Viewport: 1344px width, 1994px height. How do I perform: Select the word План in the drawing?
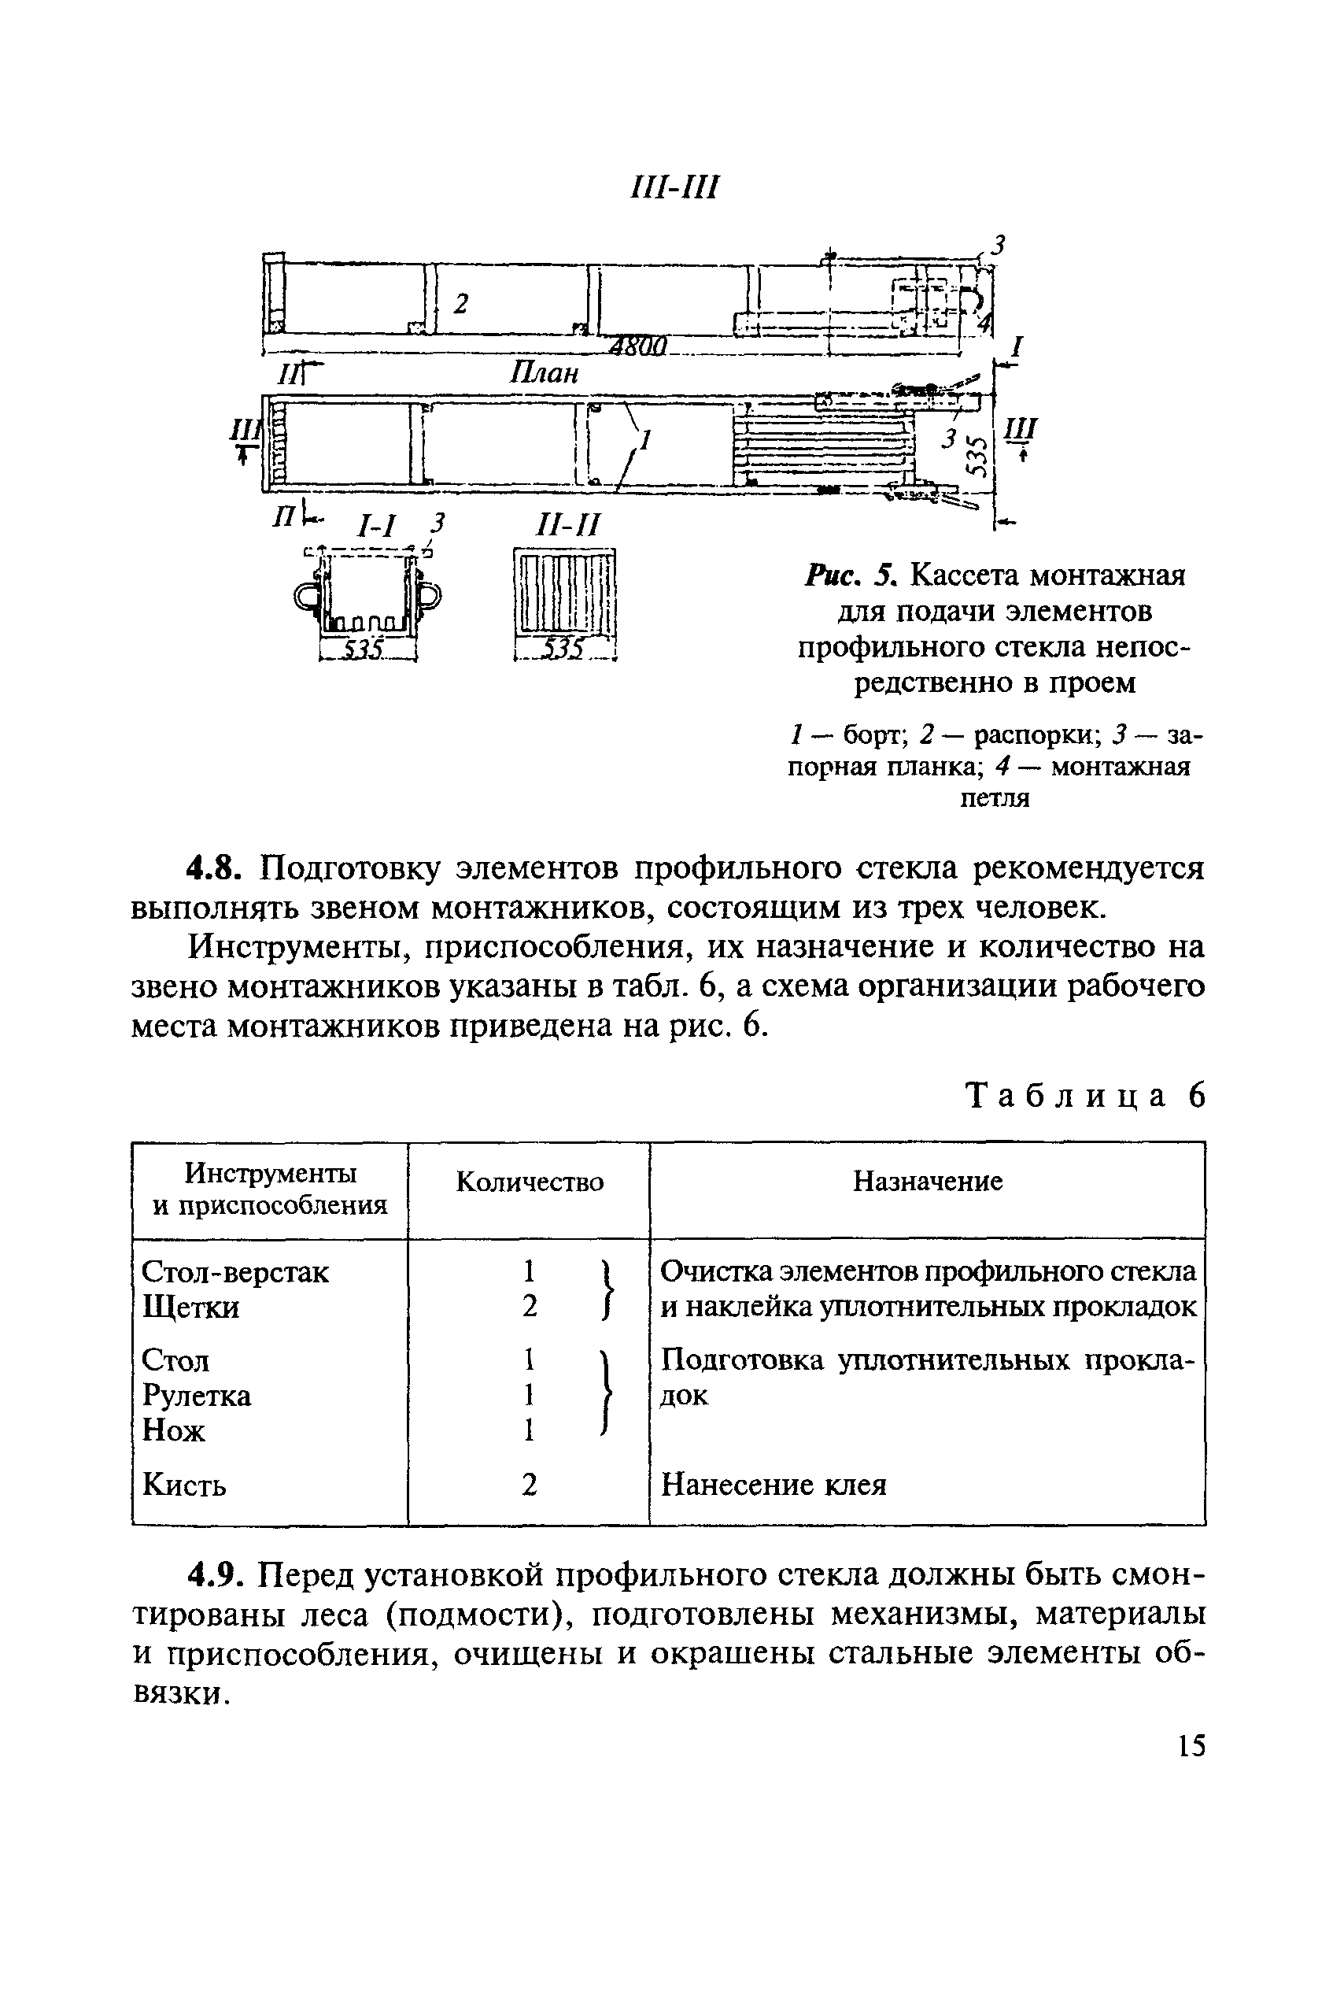[x=545, y=373]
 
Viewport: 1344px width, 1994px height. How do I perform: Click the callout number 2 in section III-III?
[x=461, y=304]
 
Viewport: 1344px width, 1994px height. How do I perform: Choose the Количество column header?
[x=529, y=1182]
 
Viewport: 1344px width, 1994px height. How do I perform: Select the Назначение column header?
[x=928, y=1182]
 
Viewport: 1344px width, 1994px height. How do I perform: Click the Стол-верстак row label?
[x=234, y=1271]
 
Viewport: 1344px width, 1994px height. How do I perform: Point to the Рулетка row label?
[x=198, y=1396]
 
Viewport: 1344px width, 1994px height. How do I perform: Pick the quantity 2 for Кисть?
[x=530, y=1484]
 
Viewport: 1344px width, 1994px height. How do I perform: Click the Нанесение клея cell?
[x=774, y=1484]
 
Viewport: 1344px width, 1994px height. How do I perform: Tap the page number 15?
[x=1191, y=1745]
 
